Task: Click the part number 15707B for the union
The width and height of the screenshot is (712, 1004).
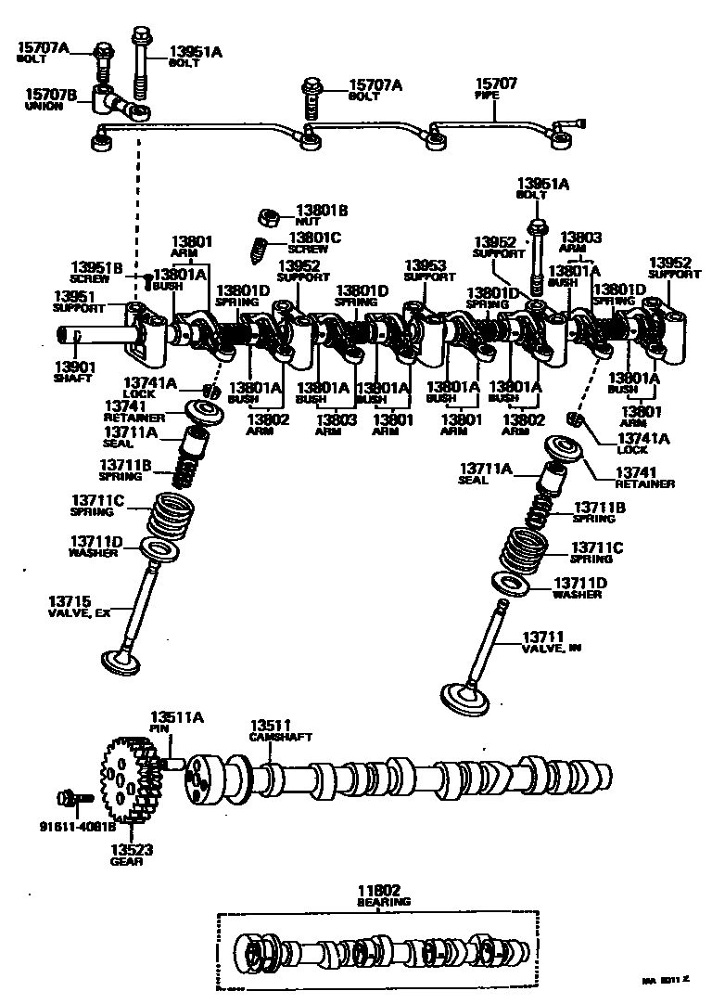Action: point(44,96)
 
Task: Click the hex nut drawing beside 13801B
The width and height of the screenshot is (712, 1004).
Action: point(270,218)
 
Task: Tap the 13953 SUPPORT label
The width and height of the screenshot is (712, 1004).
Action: point(429,270)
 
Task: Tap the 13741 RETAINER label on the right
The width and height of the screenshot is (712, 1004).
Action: point(644,478)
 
